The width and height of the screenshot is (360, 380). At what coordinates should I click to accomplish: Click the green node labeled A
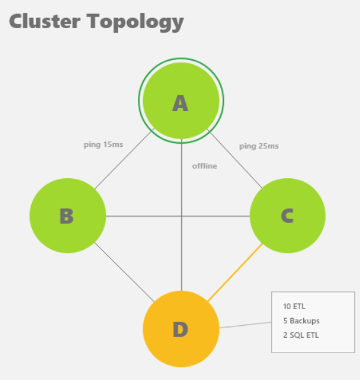tap(181, 100)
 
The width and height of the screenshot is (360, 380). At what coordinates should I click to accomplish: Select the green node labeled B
tap(68, 216)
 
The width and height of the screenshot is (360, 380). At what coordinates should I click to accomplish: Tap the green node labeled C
tap(288, 216)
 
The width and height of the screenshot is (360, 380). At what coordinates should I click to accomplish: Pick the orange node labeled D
tap(181, 329)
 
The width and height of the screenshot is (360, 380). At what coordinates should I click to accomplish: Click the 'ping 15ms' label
tap(103, 145)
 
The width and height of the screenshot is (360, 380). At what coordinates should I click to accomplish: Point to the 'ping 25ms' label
tap(259, 146)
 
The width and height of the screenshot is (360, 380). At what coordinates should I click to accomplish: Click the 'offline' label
tap(205, 166)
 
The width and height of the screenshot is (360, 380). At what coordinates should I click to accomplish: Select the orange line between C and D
tap(236, 273)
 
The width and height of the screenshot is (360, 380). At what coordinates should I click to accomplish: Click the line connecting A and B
tap(123, 160)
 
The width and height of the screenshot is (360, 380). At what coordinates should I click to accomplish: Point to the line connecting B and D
tap(124, 272)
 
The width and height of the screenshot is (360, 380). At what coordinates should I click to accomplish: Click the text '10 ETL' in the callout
tap(294, 307)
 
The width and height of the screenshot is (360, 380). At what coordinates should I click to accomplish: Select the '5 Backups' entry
tap(301, 321)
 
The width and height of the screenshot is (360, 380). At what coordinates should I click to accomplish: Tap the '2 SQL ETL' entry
tap(301, 335)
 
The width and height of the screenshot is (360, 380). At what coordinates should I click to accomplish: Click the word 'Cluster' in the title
tap(45, 21)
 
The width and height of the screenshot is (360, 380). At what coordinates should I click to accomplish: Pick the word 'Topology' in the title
tap(135, 22)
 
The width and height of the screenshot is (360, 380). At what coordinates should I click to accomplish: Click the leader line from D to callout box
tap(245, 325)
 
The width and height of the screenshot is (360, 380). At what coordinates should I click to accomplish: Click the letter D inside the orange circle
tap(181, 330)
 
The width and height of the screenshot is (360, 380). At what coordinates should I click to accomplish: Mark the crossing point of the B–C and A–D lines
tap(181, 216)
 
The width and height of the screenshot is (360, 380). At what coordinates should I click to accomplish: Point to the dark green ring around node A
tap(181, 58)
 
